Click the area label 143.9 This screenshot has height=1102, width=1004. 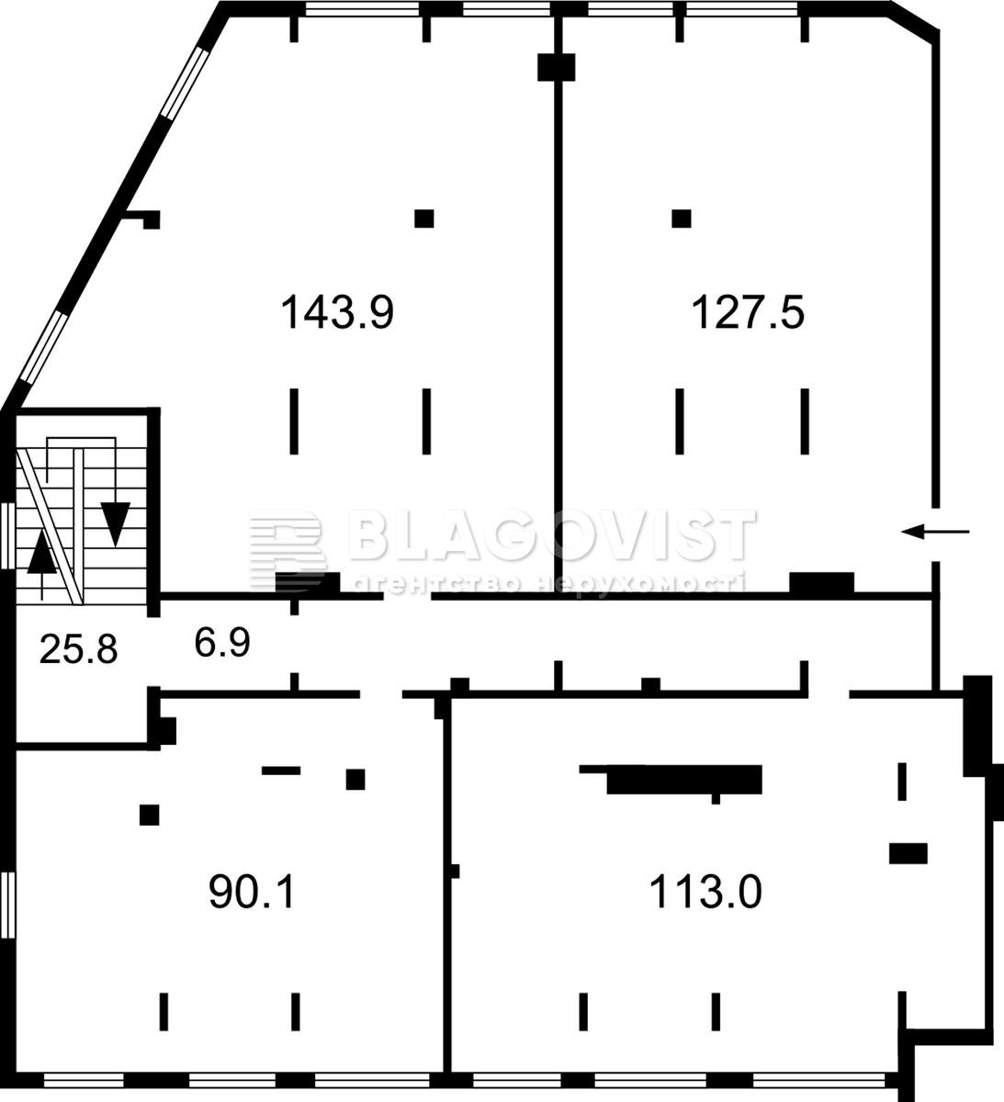(x=337, y=312)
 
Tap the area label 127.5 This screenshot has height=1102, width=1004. (x=748, y=312)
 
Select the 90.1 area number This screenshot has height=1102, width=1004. (x=253, y=892)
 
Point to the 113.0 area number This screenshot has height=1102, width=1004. (x=705, y=892)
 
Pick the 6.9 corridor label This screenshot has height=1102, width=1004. (x=222, y=642)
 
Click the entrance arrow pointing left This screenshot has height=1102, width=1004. (x=935, y=531)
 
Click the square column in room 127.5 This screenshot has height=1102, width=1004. (x=682, y=219)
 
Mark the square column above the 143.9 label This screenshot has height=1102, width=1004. (x=424, y=219)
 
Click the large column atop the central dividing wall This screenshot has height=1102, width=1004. (x=556, y=67)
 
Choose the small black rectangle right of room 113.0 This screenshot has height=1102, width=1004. (x=908, y=854)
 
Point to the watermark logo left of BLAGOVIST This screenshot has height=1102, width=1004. (x=286, y=549)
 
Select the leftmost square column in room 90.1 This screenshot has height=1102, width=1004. (x=150, y=815)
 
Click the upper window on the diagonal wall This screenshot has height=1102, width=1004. (x=186, y=84)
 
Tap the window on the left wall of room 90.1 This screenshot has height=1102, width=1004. (x=7, y=905)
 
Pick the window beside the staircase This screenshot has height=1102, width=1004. (x=7, y=535)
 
